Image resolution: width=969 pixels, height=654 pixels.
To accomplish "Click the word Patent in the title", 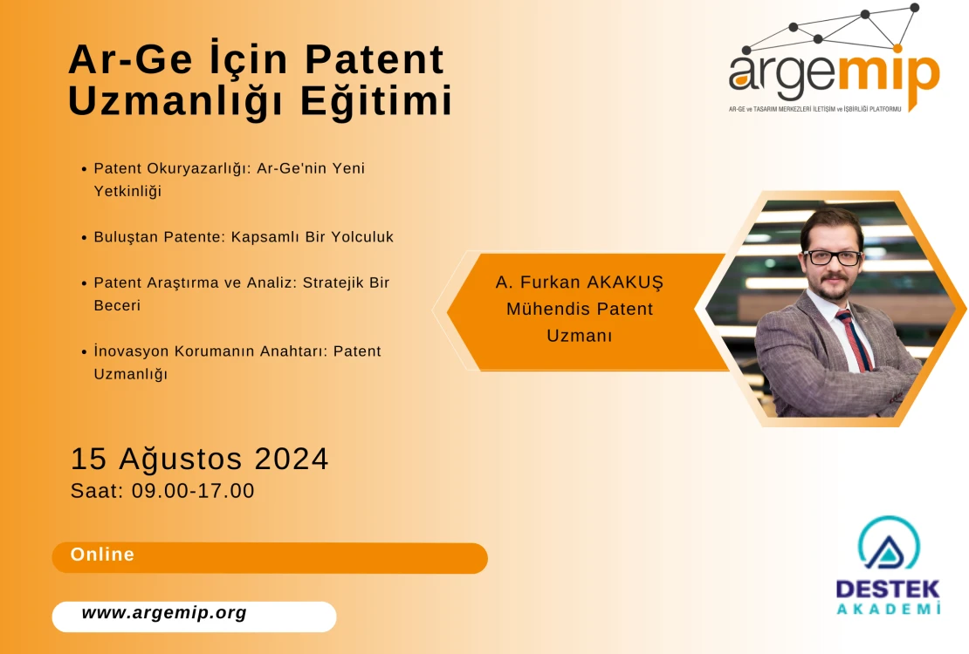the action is coord(375,59).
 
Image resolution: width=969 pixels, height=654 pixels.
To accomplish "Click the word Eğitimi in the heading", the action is coord(376,100).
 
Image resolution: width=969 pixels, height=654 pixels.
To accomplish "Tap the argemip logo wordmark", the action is coord(835,78).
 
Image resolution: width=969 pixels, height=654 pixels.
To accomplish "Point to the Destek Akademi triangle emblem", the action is coord(889,543).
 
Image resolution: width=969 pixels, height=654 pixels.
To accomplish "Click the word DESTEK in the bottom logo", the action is coord(888,589).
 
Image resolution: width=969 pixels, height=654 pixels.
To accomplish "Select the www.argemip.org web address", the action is coord(164,613).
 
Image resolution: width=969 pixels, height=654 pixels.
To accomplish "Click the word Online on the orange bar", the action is coord(103,554).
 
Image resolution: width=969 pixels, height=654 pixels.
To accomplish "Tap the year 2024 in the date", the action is coord(291,459).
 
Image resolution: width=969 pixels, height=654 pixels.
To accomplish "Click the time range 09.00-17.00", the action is coord(193,490).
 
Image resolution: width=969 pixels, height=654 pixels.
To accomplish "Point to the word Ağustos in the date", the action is coord(181,460).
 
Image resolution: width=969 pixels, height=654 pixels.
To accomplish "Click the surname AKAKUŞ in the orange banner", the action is coord(625,283).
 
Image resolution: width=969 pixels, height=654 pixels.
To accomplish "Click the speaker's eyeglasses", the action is coord(832,257).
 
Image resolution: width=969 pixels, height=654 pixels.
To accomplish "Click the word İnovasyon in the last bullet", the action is coord(131,351).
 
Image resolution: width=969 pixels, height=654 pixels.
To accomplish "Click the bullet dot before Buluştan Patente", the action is coord(84,238).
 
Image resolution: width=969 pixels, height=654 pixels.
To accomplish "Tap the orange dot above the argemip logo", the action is coord(897,48).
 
